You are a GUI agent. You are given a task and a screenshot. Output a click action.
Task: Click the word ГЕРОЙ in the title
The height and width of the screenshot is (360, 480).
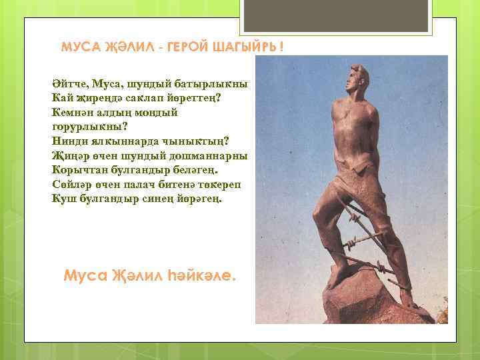(190, 48)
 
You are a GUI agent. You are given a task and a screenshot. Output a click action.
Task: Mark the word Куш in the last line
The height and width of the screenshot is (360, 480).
(63, 198)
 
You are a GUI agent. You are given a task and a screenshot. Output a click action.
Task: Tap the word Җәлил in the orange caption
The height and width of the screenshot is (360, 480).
(134, 275)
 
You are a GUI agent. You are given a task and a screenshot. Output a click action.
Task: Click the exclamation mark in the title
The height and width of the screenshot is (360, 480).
(281, 48)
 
